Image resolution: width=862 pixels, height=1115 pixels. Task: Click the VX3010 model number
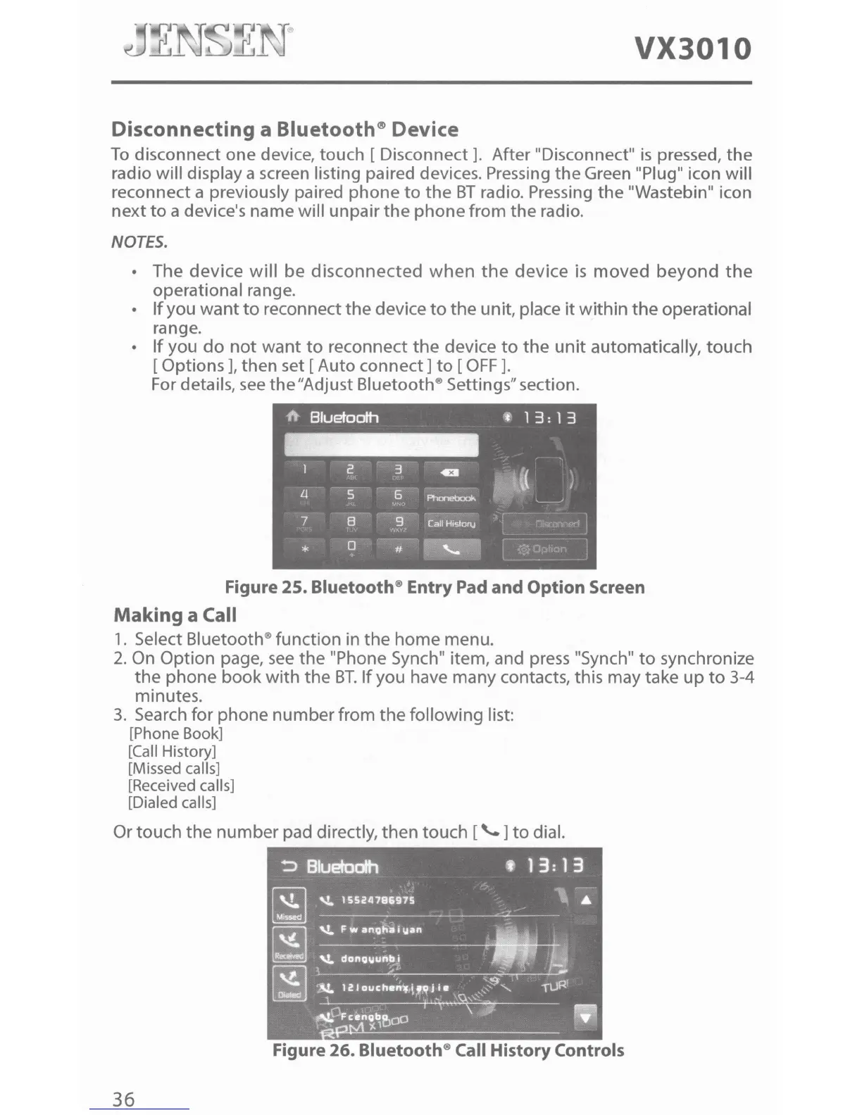click(693, 49)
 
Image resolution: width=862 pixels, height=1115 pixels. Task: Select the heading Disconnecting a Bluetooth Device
click(285, 130)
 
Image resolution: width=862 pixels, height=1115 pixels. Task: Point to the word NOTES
click(139, 242)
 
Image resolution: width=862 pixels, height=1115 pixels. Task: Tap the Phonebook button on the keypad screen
click(451, 498)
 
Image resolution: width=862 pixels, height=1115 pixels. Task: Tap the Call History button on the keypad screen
click(451, 524)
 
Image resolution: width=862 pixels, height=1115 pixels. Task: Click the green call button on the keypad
click(451, 550)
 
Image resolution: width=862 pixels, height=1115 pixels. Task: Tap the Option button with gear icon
click(544, 549)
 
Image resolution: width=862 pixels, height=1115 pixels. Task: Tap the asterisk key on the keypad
click(304, 550)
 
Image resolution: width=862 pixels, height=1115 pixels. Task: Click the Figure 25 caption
click(435, 588)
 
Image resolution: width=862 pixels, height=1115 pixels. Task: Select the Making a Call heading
click(175, 615)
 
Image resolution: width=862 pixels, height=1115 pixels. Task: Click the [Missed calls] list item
click(174, 769)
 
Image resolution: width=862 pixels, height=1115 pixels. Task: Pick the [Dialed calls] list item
click(172, 802)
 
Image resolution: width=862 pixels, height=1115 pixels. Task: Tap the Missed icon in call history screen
click(289, 905)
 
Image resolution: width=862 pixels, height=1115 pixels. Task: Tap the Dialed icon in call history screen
click(289, 983)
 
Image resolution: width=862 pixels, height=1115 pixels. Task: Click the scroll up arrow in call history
click(587, 899)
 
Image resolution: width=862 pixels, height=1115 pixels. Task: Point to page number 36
click(124, 1099)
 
